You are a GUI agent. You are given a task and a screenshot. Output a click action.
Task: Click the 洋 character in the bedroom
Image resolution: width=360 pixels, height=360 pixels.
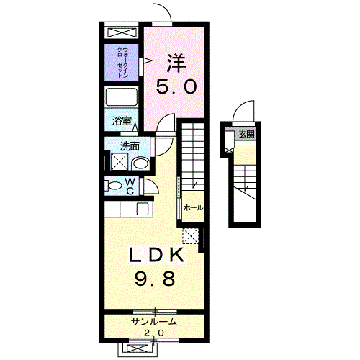[x=176, y=63]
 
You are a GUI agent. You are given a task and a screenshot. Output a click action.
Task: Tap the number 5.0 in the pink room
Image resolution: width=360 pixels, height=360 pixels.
[x=176, y=86]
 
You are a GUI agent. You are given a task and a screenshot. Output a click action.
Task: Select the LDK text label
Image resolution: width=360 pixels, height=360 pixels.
[x=157, y=255]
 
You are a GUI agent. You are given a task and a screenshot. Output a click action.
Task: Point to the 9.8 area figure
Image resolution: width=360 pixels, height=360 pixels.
[x=155, y=279]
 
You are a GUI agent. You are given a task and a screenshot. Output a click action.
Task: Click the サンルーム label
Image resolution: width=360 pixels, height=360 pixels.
[x=154, y=322]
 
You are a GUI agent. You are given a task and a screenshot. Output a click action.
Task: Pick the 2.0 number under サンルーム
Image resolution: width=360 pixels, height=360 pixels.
[x=154, y=333]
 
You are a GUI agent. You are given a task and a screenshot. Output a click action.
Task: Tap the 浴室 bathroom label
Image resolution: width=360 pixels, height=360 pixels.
[x=122, y=121]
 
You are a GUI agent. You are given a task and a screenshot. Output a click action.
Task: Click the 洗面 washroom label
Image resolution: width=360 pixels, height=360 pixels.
[x=130, y=146]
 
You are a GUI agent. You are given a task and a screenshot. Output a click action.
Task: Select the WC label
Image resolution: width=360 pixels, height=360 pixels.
[x=130, y=186]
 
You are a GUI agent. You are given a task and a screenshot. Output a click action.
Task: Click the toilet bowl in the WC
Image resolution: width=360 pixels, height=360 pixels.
[x=114, y=186]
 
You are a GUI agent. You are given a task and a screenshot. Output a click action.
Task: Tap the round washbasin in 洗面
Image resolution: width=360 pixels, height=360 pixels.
[x=140, y=163]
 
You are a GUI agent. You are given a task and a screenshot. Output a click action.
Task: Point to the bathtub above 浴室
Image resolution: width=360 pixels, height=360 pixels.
[x=121, y=96]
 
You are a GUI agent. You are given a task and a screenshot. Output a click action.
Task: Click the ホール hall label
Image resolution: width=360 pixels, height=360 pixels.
[x=193, y=208]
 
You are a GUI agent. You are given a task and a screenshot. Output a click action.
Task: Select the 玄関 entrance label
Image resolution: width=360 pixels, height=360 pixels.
[x=247, y=134]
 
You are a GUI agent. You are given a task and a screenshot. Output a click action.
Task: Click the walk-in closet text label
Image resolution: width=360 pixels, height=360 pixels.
[x=122, y=62]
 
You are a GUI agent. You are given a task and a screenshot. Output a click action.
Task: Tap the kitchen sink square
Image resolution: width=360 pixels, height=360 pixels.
[x=143, y=209]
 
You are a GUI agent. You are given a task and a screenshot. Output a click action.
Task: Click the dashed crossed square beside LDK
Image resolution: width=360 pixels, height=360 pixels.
[x=191, y=236]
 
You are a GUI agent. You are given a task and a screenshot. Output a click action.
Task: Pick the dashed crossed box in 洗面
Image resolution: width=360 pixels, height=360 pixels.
[x=120, y=161]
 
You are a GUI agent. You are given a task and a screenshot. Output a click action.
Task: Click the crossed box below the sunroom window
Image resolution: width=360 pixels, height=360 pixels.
[x=138, y=348]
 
